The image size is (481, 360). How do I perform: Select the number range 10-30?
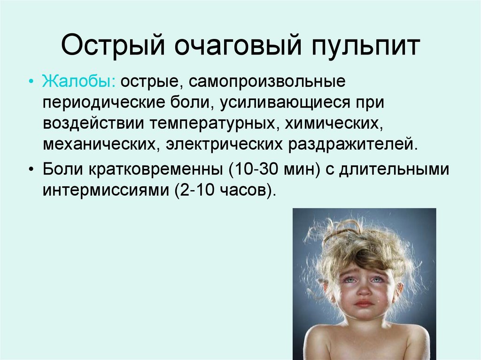[252, 169]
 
